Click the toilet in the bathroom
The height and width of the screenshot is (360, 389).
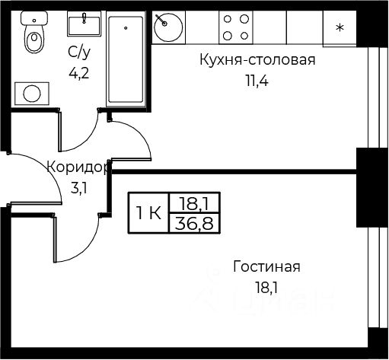click(x=34, y=32)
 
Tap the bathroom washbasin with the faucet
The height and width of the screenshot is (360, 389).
click(x=84, y=24)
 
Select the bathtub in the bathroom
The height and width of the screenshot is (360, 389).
click(x=126, y=59)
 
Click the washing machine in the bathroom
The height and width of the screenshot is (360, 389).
click(x=32, y=94)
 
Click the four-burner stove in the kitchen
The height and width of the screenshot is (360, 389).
click(x=236, y=27)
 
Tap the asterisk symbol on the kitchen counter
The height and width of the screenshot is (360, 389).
click(x=340, y=27)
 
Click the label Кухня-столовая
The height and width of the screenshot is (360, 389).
click(x=257, y=60)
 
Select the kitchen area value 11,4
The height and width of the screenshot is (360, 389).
click(x=257, y=81)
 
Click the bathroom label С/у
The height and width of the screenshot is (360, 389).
click(x=79, y=53)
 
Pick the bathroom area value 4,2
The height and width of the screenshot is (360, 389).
click(x=79, y=74)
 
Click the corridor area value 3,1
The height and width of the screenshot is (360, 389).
click(x=79, y=189)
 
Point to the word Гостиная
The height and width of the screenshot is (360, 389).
click(x=266, y=266)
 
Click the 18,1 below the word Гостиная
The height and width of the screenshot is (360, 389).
click(x=266, y=288)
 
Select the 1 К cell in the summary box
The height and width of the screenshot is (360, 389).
click(x=148, y=213)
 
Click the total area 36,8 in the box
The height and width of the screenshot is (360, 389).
click(x=194, y=224)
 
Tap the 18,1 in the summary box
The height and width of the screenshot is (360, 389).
click(x=194, y=203)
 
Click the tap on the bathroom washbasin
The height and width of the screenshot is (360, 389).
click(x=84, y=18)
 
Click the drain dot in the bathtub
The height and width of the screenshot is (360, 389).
click(x=126, y=28)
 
